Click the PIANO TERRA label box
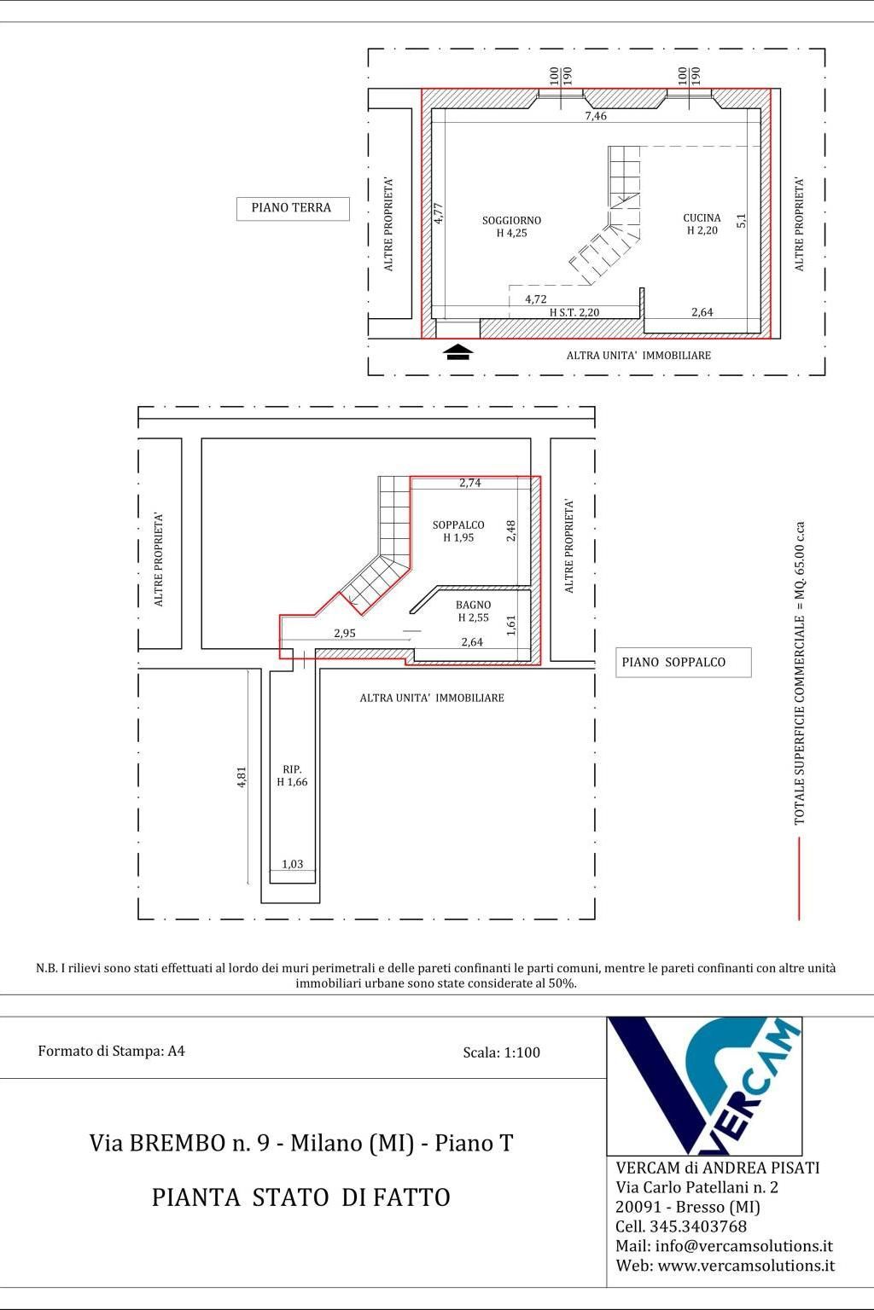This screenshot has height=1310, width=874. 293,208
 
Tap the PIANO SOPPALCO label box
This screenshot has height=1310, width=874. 683,662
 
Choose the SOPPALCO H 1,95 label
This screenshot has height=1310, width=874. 458,531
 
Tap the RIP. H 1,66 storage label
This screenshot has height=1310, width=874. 292,775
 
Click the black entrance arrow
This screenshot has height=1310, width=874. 459,352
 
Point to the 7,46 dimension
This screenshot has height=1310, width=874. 596,116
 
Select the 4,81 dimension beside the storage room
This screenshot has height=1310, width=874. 242,777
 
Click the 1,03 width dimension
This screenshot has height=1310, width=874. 293,864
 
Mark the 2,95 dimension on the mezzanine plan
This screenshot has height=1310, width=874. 345,633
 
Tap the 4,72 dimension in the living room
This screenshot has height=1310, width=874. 536,299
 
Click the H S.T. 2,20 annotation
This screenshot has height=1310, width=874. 574,312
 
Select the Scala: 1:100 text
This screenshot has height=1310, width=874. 502,1052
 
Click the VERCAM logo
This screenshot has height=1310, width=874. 704,1086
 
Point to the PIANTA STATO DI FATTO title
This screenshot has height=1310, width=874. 301,1197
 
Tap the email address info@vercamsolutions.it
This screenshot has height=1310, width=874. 743,1246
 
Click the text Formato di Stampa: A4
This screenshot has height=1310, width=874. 111,1051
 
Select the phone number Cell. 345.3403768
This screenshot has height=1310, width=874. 681,1226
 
